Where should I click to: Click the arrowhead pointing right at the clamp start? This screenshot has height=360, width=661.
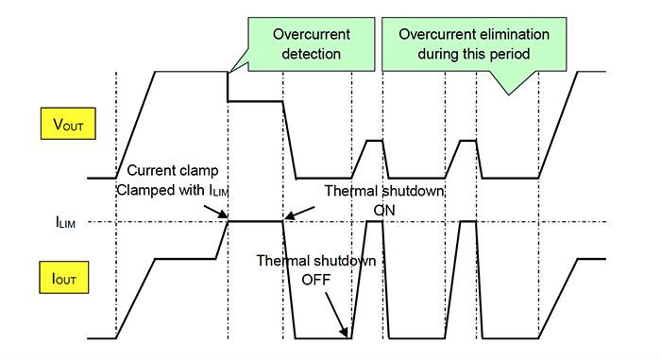click(x=222, y=216)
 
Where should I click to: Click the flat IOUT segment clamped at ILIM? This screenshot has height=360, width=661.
click(x=255, y=222)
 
